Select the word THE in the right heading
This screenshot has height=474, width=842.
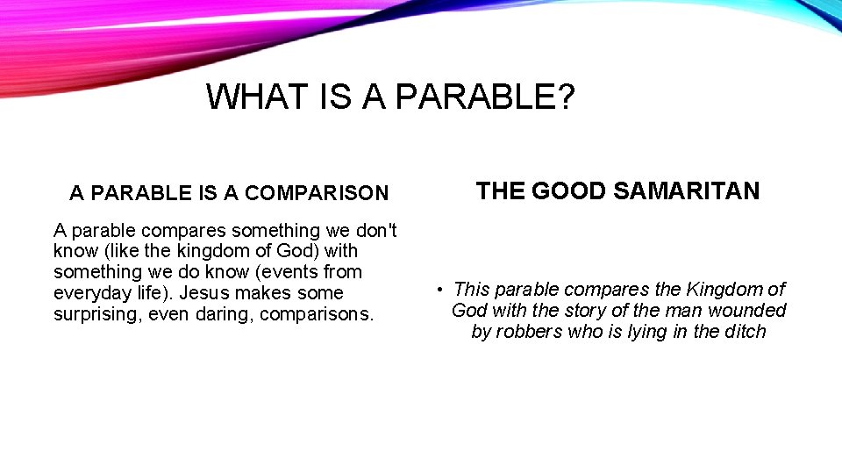[x=500, y=191]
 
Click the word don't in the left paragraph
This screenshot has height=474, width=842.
[x=375, y=231]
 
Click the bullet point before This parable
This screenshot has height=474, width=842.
[x=439, y=290]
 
